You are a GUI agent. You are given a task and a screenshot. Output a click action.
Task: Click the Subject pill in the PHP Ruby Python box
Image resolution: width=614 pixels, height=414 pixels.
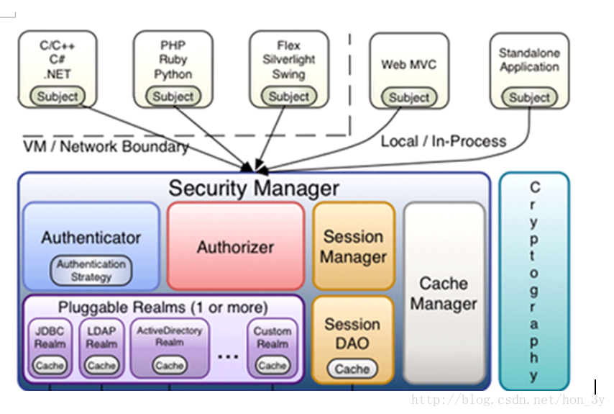pyautogui.click(x=173, y=96)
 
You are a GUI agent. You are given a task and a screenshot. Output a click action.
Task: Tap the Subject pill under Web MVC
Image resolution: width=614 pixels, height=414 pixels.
pyautogui.click(x=409, y=97)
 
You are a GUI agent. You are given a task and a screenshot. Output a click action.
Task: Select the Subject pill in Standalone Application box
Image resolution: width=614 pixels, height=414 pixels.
pyautogui.click(x=529, y=97)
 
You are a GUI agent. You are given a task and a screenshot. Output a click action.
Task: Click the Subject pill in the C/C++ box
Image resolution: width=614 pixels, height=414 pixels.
pyautogui.click(x=58, y=96)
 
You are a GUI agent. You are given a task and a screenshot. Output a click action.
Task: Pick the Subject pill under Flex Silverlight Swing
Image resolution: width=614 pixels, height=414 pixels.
pyautogui.click(x=288, y=96)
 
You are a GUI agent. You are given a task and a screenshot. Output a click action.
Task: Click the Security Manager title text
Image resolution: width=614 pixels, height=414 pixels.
pyautogui.click(x=253, y=189)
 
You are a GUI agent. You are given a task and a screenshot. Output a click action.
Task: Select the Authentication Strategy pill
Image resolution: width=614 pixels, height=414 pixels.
pyautogui.click(x=91, y=270)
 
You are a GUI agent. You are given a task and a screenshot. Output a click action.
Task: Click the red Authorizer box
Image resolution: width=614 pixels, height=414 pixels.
pyautogui.click(x=236, y=247)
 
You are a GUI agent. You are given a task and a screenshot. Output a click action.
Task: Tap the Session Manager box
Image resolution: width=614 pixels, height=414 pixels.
pyautogui.click(x=353, y=246)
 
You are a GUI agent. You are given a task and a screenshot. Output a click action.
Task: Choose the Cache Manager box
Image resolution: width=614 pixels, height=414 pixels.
pyautogui.click(x=444, y=293)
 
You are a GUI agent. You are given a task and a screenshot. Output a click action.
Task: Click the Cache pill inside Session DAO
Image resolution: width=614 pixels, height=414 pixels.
pyautogui.click(x=352, y=369)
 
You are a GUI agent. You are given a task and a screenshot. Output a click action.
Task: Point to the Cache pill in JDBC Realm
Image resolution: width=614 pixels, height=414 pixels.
pyautogui.click(x=50, y=366)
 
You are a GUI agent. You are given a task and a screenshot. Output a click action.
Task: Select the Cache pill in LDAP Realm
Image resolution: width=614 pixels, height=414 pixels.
pyautogui.click(x=101, y=366)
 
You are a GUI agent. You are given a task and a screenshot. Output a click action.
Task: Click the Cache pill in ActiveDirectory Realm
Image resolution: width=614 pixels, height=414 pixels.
pyautogui.click(x=170, y=366)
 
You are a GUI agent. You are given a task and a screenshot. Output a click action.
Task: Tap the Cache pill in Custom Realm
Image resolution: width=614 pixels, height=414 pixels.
pyautogui.click(x=272, y=366)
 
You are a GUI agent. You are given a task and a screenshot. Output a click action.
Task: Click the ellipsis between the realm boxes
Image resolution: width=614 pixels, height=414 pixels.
pyautogui.click(x=227, y=355)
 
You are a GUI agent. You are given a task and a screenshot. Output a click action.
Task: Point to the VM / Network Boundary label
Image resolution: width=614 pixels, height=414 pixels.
pyautogui.click(x=106, y=147)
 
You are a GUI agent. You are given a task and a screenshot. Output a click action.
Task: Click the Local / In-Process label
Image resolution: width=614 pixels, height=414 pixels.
pyautogui.click(x=444, y=141)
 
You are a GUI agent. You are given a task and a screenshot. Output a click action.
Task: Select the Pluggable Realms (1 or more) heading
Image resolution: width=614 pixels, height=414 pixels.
pyautogui.click(x=162, y=307)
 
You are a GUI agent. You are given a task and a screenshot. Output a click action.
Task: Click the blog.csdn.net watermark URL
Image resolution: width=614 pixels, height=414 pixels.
pyautogui.click(x=508, y=400)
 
